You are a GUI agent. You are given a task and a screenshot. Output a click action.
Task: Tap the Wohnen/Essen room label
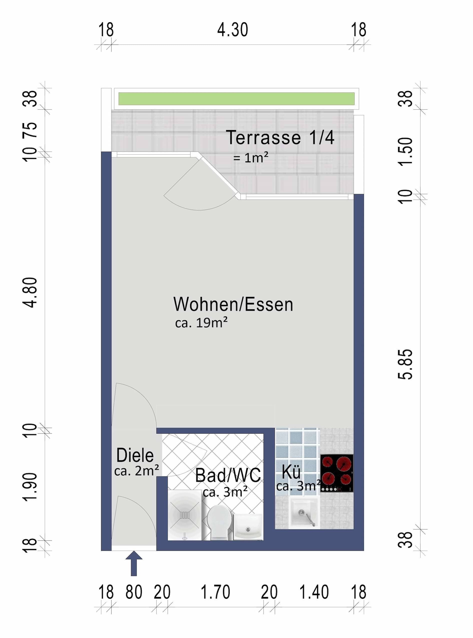pos(233,304)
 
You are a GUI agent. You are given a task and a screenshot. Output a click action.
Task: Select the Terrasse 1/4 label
pos(280,138)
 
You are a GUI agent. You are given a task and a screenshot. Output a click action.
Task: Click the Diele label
pos(135,455)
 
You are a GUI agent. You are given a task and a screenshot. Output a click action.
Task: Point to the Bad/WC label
pos(228,475)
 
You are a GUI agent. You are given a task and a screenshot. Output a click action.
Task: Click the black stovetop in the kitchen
pos(337,473)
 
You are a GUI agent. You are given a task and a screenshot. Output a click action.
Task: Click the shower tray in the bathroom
pos(185,515)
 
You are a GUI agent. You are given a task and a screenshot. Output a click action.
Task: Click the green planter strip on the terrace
pos(236,99)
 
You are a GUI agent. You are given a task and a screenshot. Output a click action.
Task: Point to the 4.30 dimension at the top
pos(232,30)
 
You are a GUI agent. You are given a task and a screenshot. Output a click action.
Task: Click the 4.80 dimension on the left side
pos(30,292)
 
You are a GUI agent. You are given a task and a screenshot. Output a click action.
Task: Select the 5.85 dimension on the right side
pos(405,364)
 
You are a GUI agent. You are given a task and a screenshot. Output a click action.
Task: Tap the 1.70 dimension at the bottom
pos(215,592)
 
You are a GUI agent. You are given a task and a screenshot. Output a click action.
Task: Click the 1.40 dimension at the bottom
pos(314,592)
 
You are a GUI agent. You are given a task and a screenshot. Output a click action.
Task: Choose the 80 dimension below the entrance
pos(134,592)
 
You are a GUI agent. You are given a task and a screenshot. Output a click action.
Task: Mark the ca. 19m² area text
pos(201,323)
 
